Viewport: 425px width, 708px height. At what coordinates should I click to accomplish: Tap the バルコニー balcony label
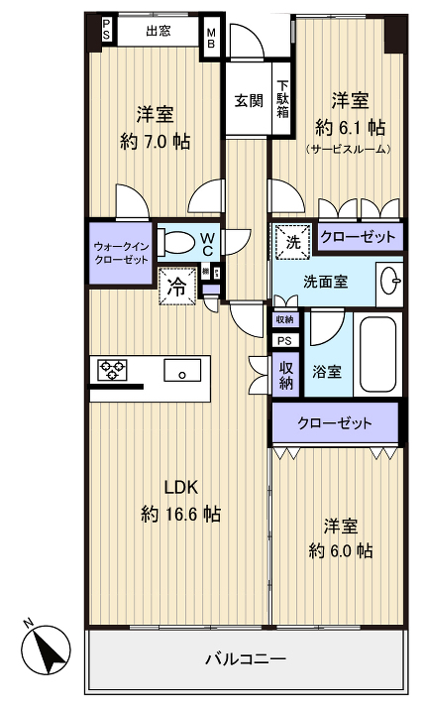click(x=245, y=658)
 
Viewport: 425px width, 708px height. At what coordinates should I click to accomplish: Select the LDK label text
click(x=181, y=486)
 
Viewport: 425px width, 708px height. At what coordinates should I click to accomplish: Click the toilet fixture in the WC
click(x=178, y=242)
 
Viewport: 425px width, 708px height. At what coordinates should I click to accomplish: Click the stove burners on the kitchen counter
click(x=114, y=372)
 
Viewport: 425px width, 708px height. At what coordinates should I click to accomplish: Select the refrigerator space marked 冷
click(x=175, y=288)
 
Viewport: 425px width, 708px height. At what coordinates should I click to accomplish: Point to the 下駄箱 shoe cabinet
click(x=282, y=99)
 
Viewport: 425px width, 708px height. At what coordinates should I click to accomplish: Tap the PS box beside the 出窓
click(x=106, y=32)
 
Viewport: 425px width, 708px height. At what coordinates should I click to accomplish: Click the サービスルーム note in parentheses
click(x=349, y=150)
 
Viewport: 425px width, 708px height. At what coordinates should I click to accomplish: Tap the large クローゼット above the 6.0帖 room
click(x=336, y=423)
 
